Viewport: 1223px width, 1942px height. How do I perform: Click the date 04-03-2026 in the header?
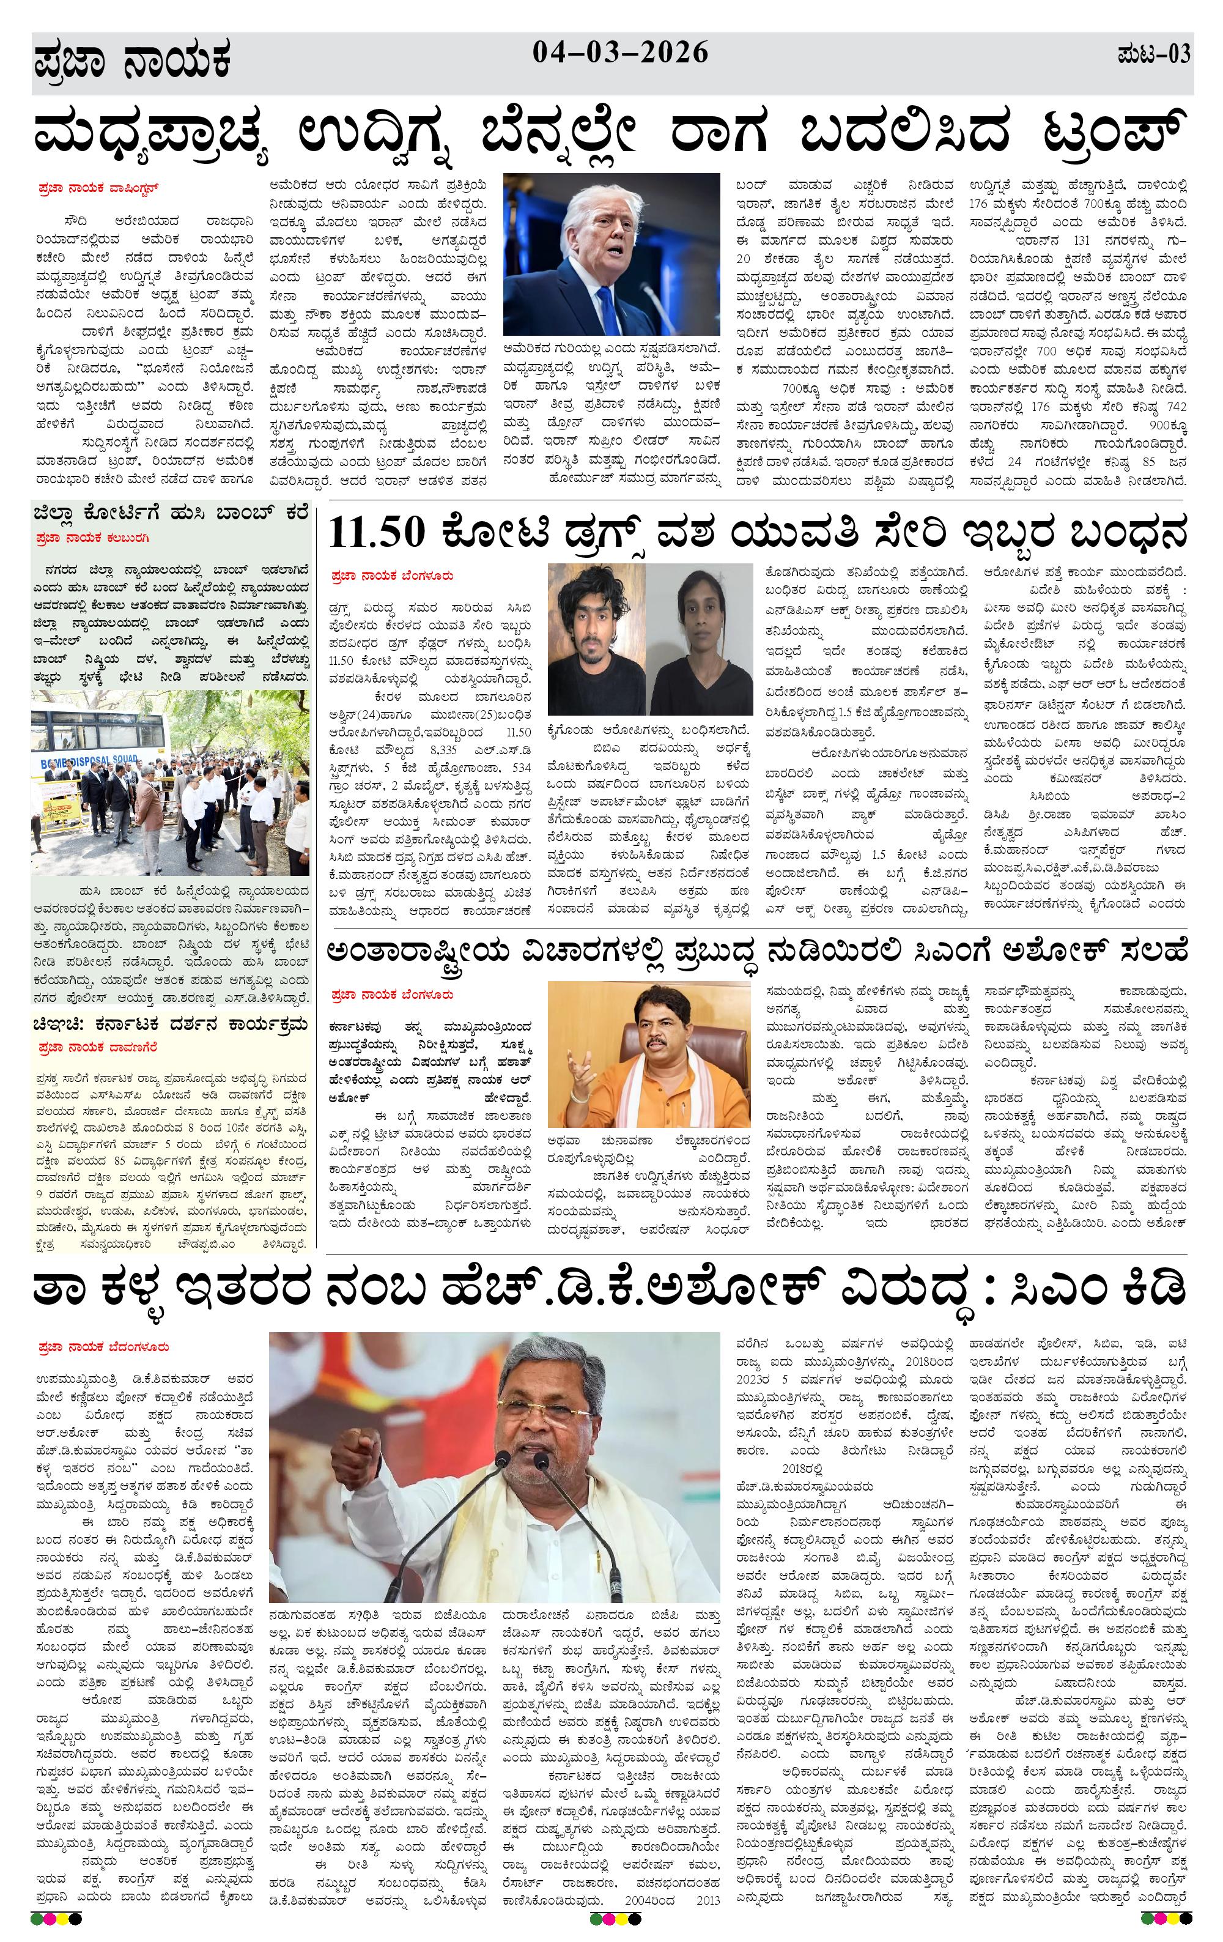620,53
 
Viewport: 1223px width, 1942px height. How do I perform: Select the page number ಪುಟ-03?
1154,56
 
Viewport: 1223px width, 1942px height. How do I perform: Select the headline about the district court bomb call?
170,514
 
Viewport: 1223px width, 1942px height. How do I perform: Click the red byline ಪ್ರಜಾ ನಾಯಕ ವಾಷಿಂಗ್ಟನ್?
98,190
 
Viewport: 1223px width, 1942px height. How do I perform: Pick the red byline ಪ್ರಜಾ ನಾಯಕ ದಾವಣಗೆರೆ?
98,1048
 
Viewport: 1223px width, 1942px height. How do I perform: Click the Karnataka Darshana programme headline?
170,1025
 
